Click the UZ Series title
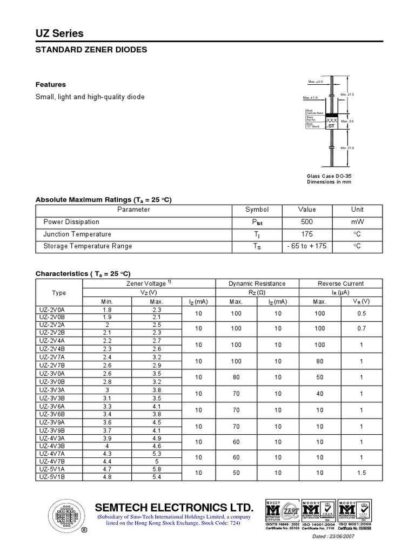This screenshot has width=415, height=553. point(59,33)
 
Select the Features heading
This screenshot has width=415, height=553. point(51,85)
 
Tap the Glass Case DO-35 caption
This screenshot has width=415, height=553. point(329,176)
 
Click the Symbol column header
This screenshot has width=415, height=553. point(257,210)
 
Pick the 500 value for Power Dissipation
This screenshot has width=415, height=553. point(307,222)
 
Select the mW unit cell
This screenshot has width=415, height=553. point(357,222)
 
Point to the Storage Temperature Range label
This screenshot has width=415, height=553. point(79,246)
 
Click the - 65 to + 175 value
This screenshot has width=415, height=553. point(307,246)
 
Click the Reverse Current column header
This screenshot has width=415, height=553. point(340,284)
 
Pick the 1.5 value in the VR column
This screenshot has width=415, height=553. point(361,473)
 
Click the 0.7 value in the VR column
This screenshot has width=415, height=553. point(361,328)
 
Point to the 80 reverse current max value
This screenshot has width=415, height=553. point(319,361)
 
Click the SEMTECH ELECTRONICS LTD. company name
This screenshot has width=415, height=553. point(174,508)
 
